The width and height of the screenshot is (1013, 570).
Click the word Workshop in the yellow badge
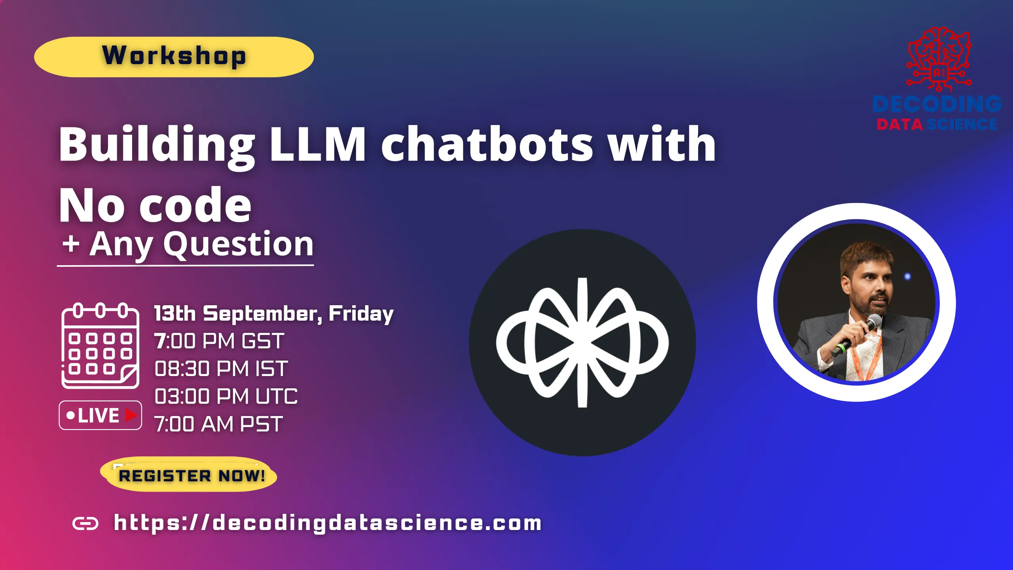click(174, 56)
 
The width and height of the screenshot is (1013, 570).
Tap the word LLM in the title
click(318, 145)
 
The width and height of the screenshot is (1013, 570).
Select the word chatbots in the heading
click(487, 145)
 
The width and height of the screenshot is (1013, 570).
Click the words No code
click(155, 205)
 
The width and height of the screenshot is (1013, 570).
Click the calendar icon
click(100, 346)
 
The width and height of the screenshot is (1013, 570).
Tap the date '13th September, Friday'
click(274, 314)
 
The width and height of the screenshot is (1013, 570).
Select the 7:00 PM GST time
click(219, 341)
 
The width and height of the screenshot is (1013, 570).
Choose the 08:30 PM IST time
click(221, 369)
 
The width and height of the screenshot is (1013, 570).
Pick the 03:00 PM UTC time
click(226, 397)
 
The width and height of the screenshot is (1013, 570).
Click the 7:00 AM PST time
click(218, 424)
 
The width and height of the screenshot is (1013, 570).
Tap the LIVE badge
click(100, 415)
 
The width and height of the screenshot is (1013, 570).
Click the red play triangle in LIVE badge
click(131, 415)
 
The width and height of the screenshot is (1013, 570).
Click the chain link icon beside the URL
click(85, 524)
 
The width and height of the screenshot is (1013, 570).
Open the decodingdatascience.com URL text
click(328, 523)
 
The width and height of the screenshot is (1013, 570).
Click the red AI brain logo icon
click(939, 59)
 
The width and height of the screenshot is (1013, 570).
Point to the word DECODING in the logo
click(937, 104)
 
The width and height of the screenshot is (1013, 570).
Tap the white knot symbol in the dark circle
click(582, 343)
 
